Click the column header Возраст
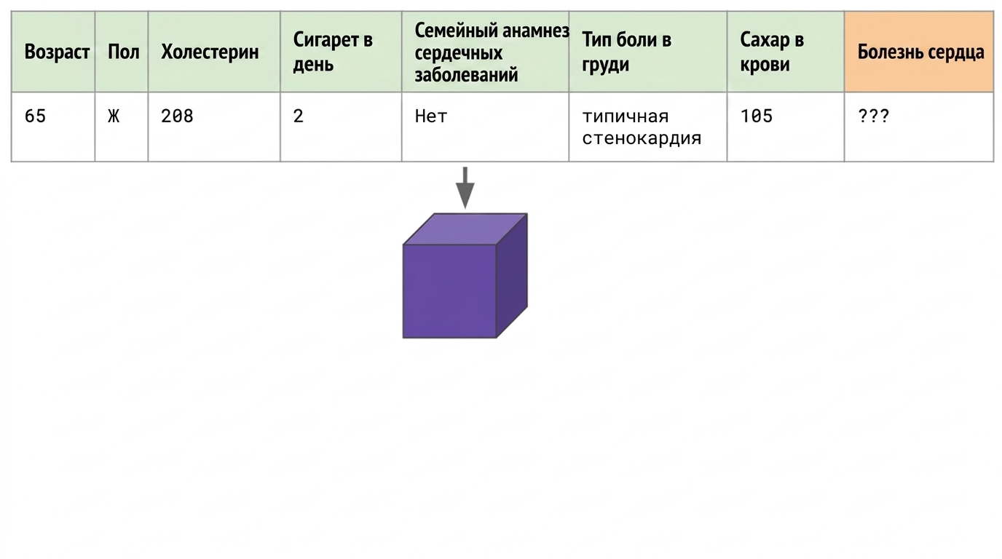(x=57, y=52)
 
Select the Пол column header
(x=124, y=52)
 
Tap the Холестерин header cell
(x=210, y=52)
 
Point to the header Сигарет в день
(x=333, y=52)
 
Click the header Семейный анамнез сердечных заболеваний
(x=492, y=52)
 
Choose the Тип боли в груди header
(x=626, y=52)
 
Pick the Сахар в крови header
(x=772, y=52)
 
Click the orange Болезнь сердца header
(x=920, y=52)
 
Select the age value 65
(x=36, y=116)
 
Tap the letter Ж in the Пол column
(x=114, y=116)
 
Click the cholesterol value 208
(x=177, y=116)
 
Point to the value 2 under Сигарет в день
(x=299, y=116)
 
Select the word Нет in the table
(x=431, y=116)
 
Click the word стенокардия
(x=642, y=138)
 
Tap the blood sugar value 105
(x=757, y=116)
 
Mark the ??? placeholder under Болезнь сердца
(x=873, y=116)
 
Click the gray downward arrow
(x=465, y=188)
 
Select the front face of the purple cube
(x=449, y=291)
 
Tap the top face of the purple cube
(x=465, y=229)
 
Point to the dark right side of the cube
(x=512, y=275)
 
